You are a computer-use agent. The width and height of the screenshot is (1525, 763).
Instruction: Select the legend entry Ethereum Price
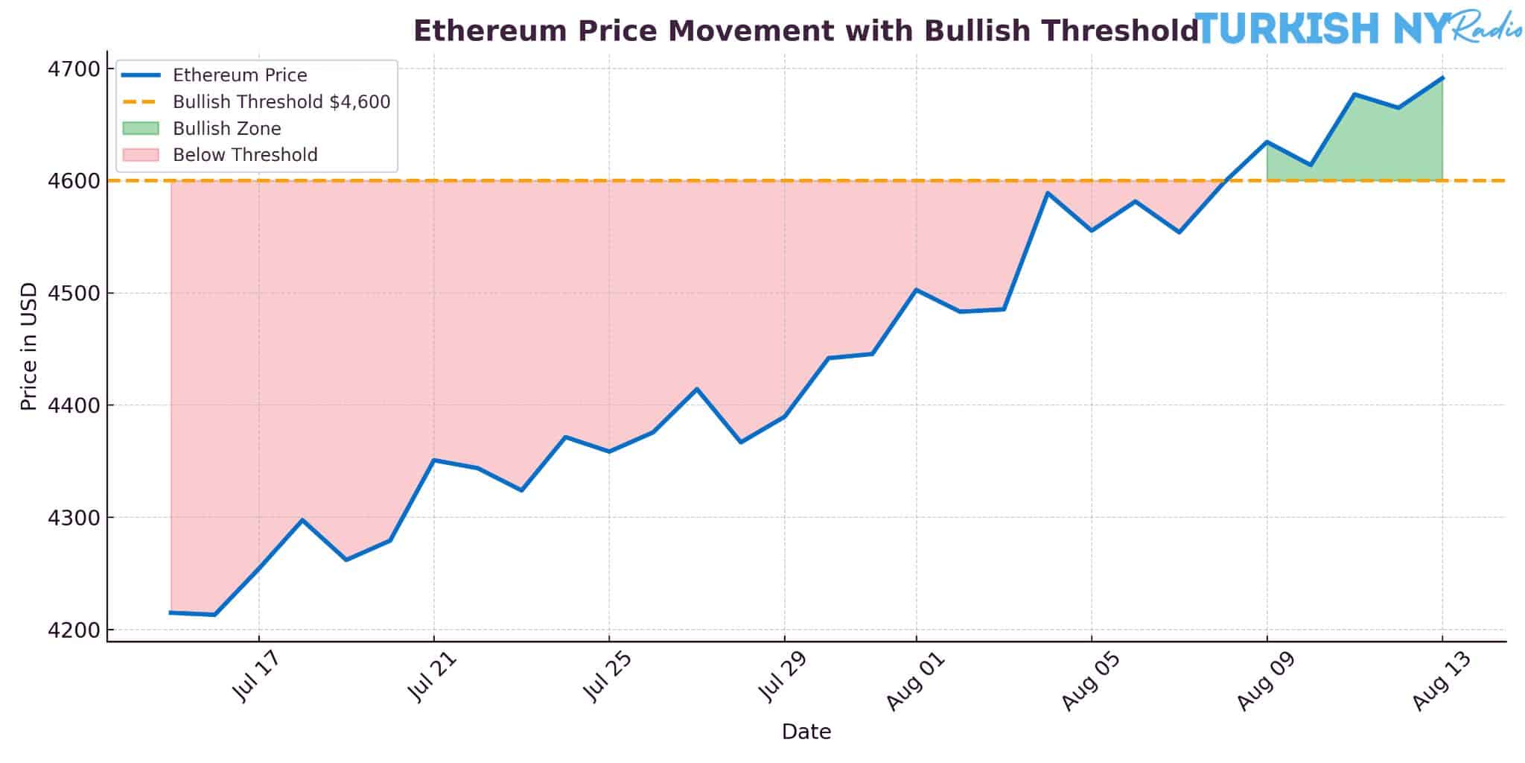coord(240,75)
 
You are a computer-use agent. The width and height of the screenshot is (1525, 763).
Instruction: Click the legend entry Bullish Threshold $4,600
coord(281,102)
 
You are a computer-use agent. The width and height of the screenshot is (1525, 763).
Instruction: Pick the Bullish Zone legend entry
coord(226,129)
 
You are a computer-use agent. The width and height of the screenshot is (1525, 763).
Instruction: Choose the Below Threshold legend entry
coord(245,155)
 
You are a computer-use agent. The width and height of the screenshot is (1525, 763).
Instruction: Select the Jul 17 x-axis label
coord(256,677)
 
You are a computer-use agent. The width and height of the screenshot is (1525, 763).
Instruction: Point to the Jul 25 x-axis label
coord(608,677)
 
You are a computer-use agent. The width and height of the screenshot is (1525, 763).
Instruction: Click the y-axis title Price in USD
coord(29,346)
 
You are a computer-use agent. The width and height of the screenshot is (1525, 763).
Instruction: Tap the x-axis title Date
coord(806,732)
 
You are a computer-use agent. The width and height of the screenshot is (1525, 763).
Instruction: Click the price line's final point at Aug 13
coord(1442,77)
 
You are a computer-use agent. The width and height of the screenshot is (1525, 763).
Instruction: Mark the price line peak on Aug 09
coord(1267,142)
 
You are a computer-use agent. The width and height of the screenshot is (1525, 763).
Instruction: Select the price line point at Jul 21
coord(433,460)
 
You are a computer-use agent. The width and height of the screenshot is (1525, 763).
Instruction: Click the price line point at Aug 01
coord(916,289)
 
